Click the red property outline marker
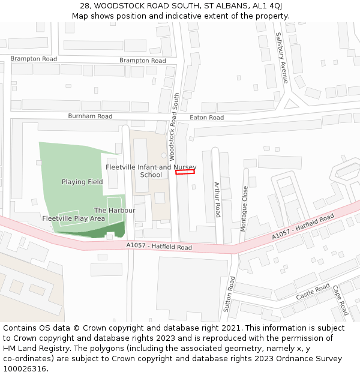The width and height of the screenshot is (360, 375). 185,172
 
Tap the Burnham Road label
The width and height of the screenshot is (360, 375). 90,116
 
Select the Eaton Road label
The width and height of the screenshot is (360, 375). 206,118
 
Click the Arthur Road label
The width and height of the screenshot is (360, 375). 217,199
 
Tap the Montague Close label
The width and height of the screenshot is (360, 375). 244,208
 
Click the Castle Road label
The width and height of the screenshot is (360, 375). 313,293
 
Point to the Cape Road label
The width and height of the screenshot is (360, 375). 340,300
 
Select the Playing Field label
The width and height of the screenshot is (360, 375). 82,182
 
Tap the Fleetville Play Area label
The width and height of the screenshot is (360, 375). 74,218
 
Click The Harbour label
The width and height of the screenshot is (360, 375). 115,211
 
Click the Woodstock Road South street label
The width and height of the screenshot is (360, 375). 174,126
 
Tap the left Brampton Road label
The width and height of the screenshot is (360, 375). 34,59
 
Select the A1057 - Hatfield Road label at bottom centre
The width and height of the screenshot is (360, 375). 159,247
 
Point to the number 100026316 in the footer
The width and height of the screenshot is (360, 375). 24,368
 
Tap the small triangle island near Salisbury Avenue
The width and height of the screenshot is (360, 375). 290,104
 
